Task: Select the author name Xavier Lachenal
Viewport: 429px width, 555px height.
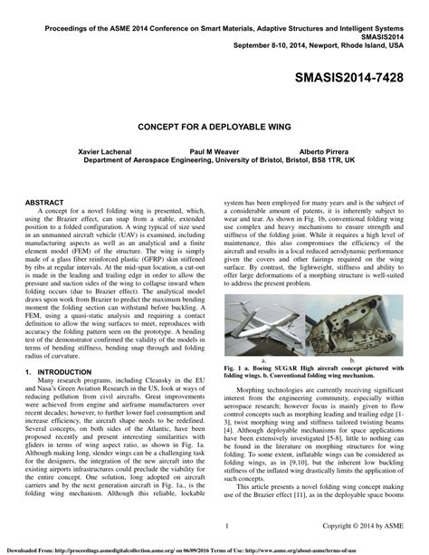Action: [105, 151]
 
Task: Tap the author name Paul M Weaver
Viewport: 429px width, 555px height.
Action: [217, 151]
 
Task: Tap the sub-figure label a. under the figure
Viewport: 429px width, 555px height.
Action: [262, 359]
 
